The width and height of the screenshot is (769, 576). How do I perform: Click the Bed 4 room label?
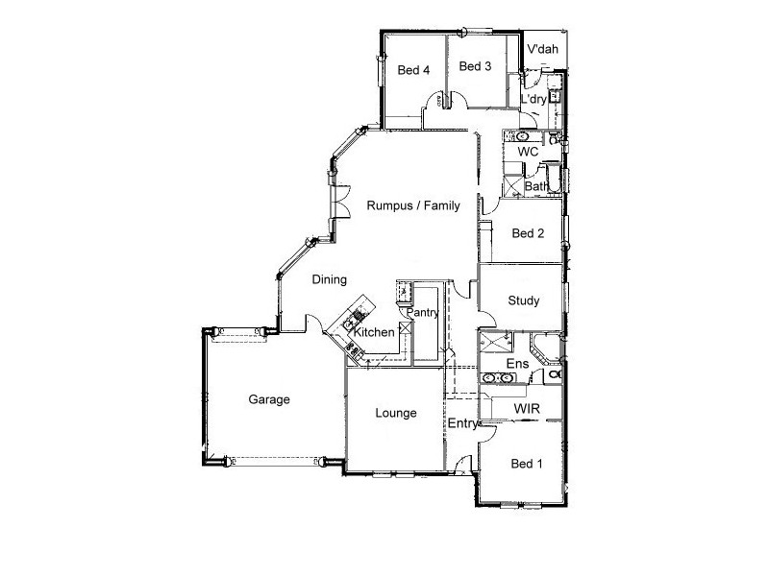pyautogui.click(x=413, y=69)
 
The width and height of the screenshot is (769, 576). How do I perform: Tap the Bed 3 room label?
pyautogui.click(x=475, y=66)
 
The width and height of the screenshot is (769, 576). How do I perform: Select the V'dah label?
pyautogui.click(x=543, y=49)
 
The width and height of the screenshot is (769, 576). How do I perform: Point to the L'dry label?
pyautogui.click(x=533, y=100)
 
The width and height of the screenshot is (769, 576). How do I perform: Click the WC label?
pyautogui.click(x=527, y=152)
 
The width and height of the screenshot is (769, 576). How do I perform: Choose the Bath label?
pyautogui.click(x=535, y=185)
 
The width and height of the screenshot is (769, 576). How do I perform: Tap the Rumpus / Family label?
pyautogui.click(x=412, y=205)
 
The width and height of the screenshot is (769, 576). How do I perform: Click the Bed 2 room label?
pyautogui.click(x=529, y=233)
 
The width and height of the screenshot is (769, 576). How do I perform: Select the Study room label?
pyautogui.click(x=524, y=300)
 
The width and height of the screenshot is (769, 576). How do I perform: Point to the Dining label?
pyautogui.click(x=329, y=279)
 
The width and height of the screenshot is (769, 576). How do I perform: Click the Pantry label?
pyautogui.click(x=423, y=312)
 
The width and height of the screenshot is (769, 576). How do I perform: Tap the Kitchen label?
pyautogui.click(x=375, y=332)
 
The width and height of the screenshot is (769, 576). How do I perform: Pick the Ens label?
pyautogui.click(x=516, y=364)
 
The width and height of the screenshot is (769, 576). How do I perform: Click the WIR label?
pyautogui.click(x=527, y=409)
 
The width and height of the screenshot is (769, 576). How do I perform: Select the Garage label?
pyautogui.click(x=269, y=399)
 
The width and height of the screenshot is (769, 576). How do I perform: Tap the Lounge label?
pyautogui.click(x=395, y=414)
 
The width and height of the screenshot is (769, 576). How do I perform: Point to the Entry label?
pyautogui.click(x=463, y=423)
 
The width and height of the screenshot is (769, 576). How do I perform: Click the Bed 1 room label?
pyautogui.click(x=527, y=464)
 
